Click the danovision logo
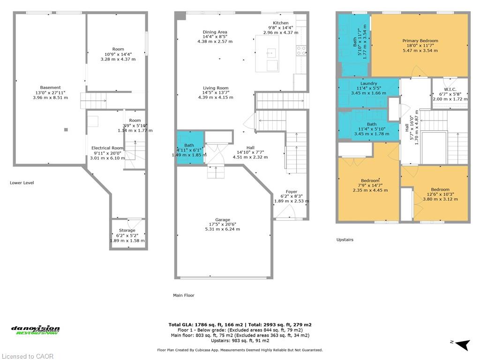pyautogui.click(x=35, y=330)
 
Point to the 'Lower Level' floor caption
pyautogui.click(x=22, y=183)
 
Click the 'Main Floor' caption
pyautogui.click(x=184, y=295)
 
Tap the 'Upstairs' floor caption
pyautogui.click(x=345, y=240)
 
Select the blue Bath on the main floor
pyautogui.click(x=190, y=148)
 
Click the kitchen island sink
pyautogui.click(x=270, y=53)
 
